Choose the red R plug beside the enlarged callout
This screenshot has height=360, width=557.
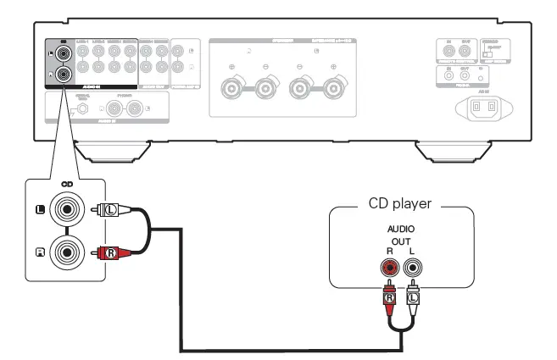111,252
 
